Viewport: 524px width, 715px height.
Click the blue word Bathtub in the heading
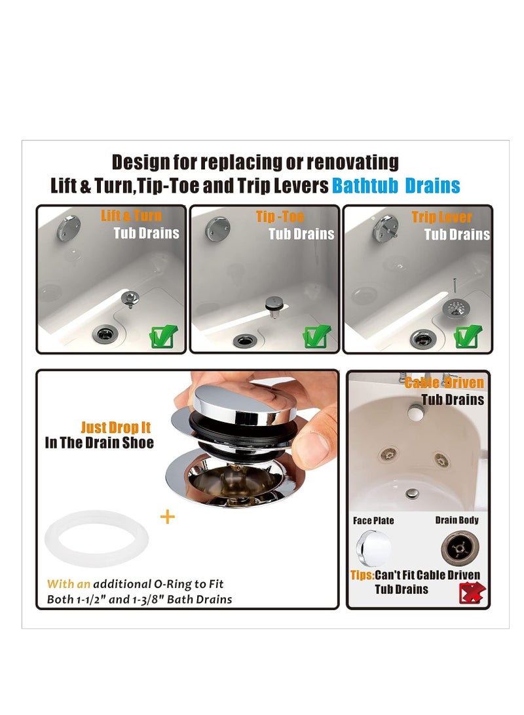(x=364, y=185)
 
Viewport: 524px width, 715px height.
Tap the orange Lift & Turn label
(x=131, y=216)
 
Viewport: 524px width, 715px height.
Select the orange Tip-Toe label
(x=280, y=216)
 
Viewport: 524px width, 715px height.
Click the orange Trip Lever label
(x=442, y=217)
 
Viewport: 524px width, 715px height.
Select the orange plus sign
(x=168, y=516)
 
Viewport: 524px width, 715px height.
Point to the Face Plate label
(x=373, y=521)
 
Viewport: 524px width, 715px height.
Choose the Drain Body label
(x=457, y=520)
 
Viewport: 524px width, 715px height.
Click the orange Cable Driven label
(x=444, y=383)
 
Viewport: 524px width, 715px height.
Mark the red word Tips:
(x=362, y=575)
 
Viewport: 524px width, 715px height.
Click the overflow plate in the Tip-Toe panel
(x=218, y=229)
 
